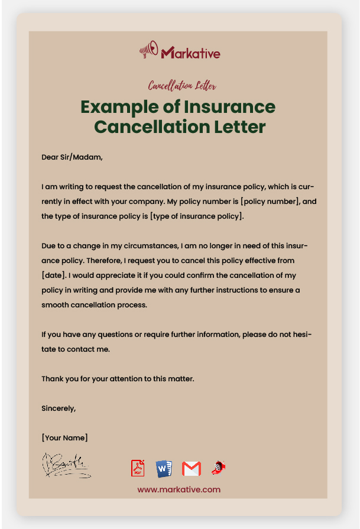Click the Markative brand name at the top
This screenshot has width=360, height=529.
coord(190,53)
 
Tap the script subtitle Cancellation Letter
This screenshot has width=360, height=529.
coord(182,86)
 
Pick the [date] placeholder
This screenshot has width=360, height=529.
coord(53,275)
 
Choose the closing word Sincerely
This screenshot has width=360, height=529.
coord(59,408)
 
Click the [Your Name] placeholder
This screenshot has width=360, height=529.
coord(64,437)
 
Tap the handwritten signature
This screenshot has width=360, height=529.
coord(66,465)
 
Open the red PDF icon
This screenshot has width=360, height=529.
coord(138,468)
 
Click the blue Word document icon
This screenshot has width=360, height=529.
coord(164,468)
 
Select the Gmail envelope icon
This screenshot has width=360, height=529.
coord(191,469)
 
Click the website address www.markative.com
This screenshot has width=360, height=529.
coord(179,489)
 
